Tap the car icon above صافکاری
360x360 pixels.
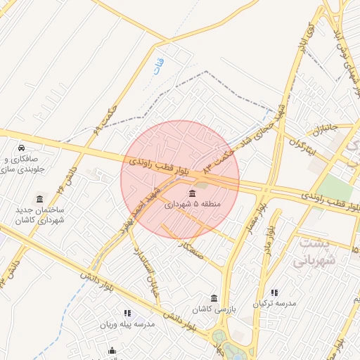point(22,148)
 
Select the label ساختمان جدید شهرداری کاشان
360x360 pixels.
point(41,215)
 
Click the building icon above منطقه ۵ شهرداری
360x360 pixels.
point(192,193)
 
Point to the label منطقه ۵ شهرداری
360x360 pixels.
point(192,205)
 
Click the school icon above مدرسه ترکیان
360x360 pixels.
point(274,292)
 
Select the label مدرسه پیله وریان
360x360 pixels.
point(128,325)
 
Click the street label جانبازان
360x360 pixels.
point(326,130)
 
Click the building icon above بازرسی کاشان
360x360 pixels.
point(214,298)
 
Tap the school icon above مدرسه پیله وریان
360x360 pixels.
point(127,313)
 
